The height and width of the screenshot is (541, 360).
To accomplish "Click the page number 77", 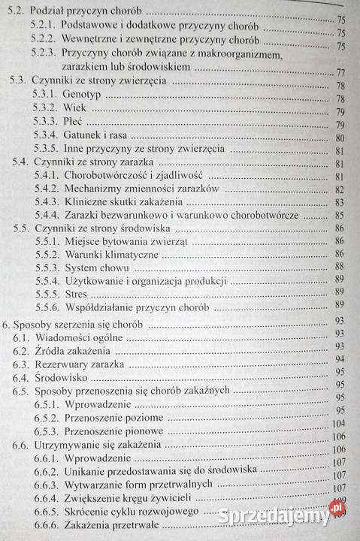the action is [x=339, y=73].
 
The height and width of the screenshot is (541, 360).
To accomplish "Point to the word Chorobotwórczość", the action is [x=111, y=176].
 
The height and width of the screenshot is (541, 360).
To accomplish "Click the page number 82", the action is [x=339, y=189].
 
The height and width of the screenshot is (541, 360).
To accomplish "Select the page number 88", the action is [x=339, y=266].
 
